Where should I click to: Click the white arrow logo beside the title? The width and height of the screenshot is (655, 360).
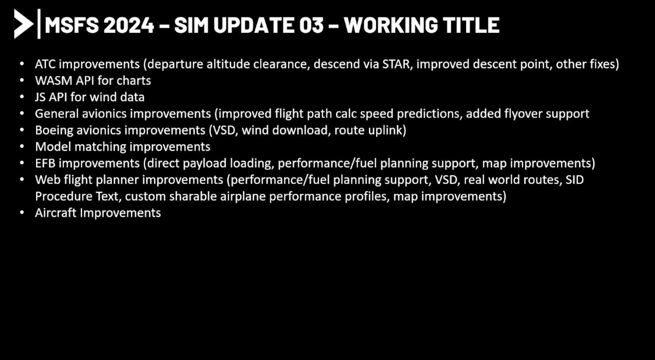[x=24, y=24]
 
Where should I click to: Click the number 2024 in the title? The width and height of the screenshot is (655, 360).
[x=128, y=25]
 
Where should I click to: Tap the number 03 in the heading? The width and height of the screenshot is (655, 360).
[x=311, y=25]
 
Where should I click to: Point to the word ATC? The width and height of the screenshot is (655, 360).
[x=45, y=64]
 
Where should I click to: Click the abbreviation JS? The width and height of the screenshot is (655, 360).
[x=40, y=97]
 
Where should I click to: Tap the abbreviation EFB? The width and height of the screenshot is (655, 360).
[x=45, y=163]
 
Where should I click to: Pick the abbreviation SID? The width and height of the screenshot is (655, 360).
[x=575, y=180]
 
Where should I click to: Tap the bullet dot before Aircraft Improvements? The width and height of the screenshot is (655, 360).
[x=22, y=213]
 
